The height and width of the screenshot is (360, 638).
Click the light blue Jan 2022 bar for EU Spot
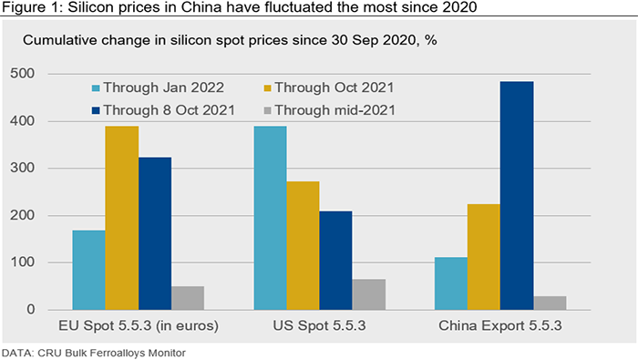(88, 270)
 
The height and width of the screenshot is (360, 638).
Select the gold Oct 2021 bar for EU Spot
(122, 218)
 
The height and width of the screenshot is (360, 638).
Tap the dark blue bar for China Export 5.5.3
(517, 196)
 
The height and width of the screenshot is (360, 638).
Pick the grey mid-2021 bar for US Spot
(369, 294)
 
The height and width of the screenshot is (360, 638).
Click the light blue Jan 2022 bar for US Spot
(270, 218)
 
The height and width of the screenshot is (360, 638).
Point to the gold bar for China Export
(484, 257)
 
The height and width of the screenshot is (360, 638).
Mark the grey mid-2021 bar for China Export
(550, 303)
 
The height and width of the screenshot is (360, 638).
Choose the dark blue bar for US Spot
(335, 261)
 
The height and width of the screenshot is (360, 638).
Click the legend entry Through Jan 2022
(158, 87)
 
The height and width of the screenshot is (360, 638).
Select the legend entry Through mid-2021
(330, 110)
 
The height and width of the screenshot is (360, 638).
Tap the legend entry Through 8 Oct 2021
(163, 110)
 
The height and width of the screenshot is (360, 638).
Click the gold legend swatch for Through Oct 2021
(267, 87)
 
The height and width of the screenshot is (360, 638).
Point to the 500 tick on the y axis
(23, 74)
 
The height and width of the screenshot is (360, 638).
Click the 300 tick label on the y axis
(23, 168)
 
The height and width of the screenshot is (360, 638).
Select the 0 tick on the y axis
(31, 310)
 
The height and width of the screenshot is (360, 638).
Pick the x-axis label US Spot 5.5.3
(319, 326)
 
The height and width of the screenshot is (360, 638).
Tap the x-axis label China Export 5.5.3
(500, 326)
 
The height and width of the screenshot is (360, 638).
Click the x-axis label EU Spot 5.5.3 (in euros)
(139, 326)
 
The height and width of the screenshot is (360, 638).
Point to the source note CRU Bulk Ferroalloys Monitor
(111, 353)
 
